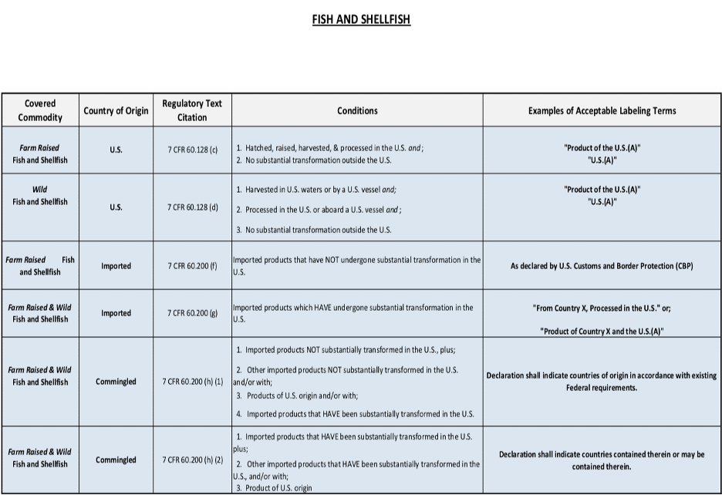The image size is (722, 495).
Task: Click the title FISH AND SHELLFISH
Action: coord(361,20)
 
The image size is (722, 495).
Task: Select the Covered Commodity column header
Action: coord(40,110)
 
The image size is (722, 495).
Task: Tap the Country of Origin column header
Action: coord(116,110)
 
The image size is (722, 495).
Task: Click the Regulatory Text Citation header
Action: coord(192,110)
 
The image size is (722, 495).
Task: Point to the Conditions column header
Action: coord(357,110)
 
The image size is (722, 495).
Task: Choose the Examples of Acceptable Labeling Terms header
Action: coord(602,110)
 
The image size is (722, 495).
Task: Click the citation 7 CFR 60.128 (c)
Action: coord(193,148)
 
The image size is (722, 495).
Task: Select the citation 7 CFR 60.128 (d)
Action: coord(193,207)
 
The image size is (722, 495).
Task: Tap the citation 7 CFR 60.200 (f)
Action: coord(193,266)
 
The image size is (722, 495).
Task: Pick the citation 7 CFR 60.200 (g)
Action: coord(193,313)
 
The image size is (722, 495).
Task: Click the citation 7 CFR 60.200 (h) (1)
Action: coord(193,382)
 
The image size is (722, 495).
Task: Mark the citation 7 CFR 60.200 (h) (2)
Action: coord(193,460)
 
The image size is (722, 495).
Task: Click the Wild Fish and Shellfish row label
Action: coord(40,195)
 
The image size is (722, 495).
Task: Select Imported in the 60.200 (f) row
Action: coord(116,266)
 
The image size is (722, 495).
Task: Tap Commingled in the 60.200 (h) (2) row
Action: coord(116,460)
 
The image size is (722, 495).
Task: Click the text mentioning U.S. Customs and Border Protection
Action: coord(602,266)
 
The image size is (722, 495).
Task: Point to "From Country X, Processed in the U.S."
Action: coord(602,308)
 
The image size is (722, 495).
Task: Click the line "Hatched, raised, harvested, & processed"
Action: coord(330,147)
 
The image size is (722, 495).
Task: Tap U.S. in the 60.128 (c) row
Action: coord(116,148)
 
